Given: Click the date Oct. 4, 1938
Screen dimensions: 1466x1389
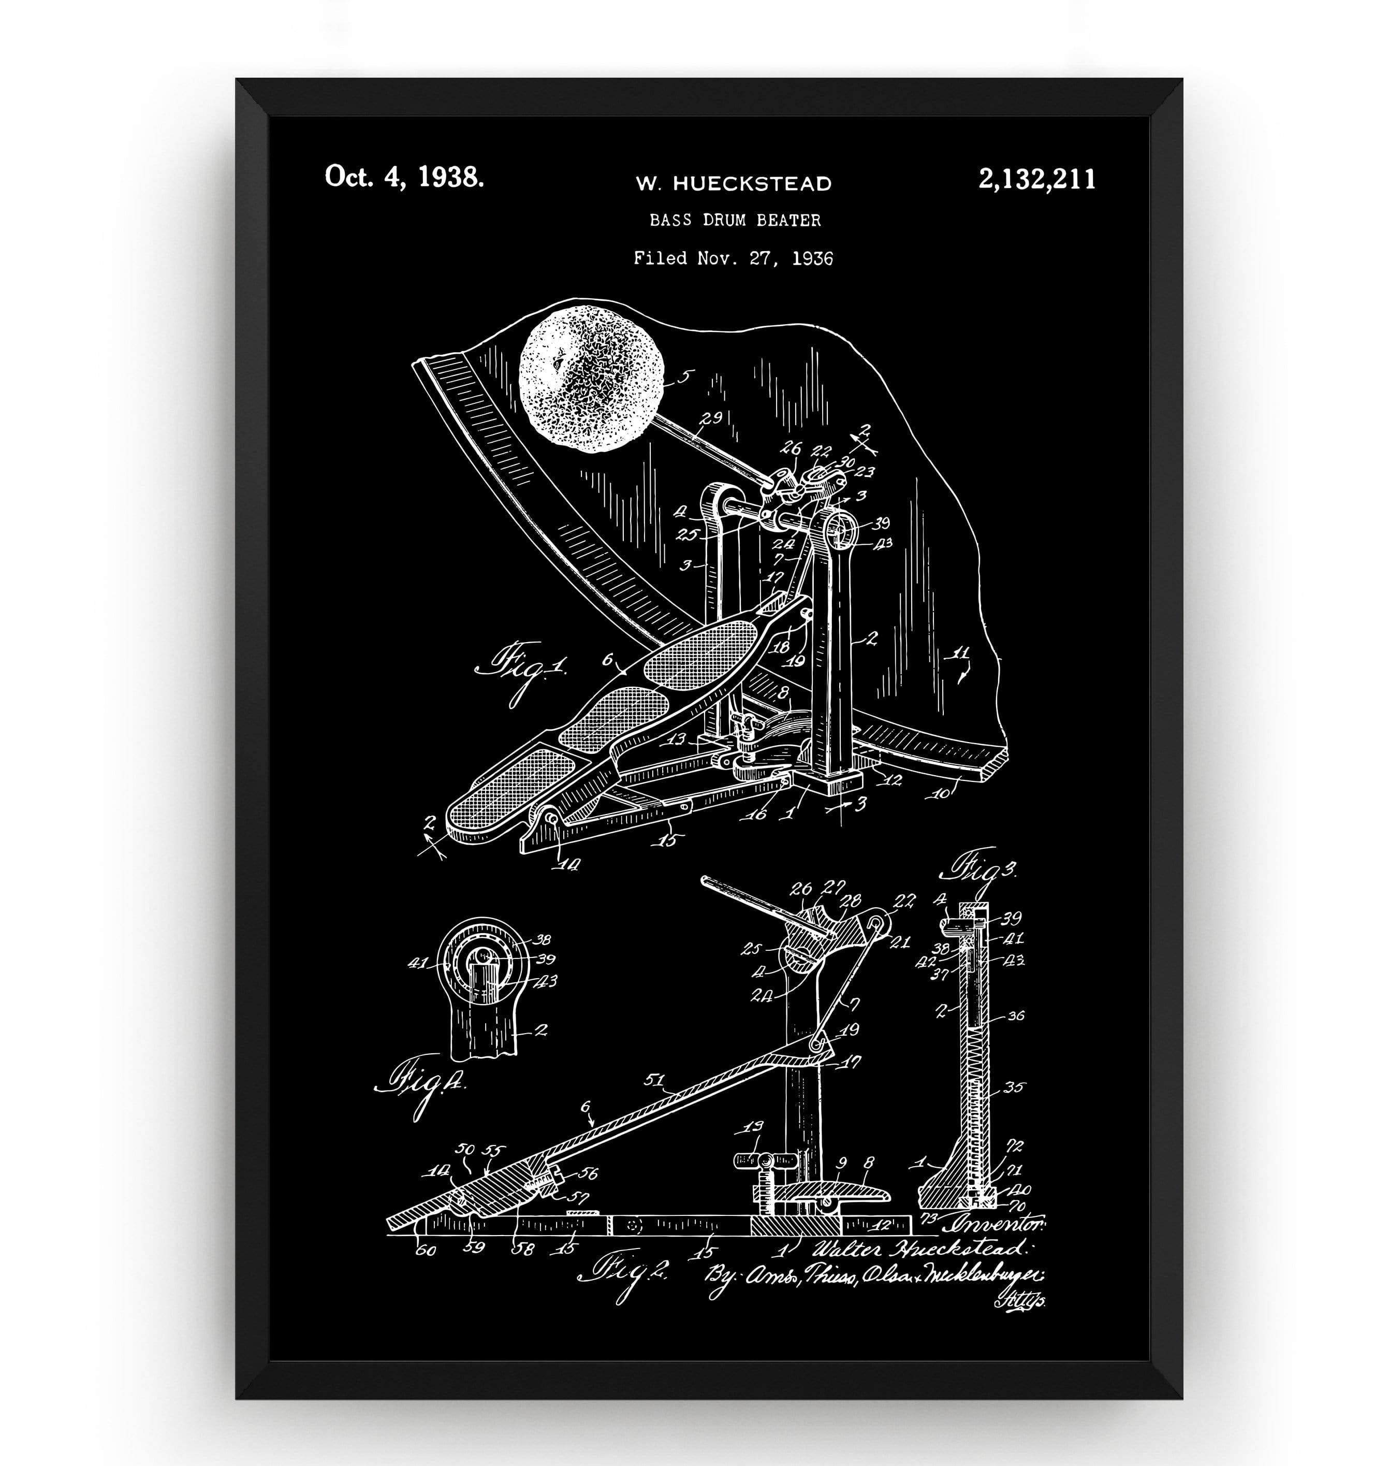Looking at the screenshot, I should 404,178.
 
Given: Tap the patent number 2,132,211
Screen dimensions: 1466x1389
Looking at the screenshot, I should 1036,180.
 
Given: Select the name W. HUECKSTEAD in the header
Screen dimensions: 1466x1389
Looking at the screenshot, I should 734,184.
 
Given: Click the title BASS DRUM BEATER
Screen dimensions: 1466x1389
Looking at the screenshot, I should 735,220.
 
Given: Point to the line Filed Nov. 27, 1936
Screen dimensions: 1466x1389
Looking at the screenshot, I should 733,258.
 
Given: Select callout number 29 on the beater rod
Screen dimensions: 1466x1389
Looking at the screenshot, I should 711,418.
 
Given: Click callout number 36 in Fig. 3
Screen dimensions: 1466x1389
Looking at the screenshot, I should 1016,1016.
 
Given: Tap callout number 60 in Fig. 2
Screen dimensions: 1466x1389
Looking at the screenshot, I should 427,1251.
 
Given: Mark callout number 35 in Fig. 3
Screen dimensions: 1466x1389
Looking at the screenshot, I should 1014,1087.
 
